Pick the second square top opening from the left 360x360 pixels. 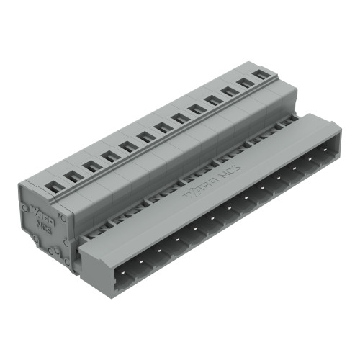(x=73, y=176)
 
